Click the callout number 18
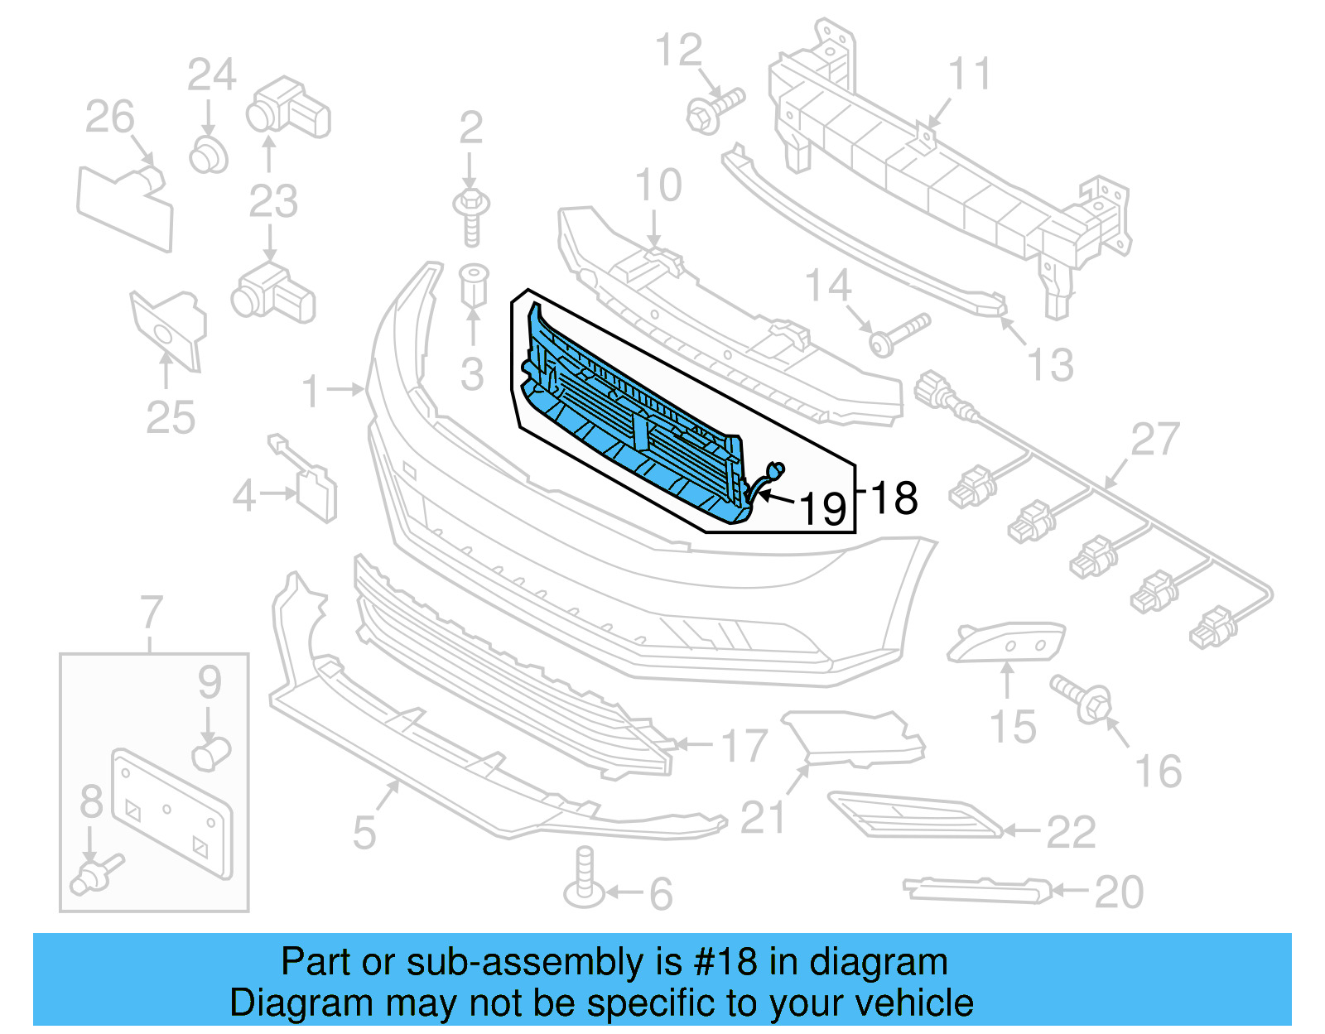click(x=894, y=498)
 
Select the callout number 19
click(x=823, y=508)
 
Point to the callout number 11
click(x=969, y=75)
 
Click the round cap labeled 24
click(x=208, y=155)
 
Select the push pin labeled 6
click(x=584, y=879)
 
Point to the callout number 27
click(x=1155, y=440)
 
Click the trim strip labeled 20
click(x=977, y=890)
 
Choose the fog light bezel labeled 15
click(x=1005, y=642)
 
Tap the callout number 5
click(x=364, y=831)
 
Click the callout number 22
click(x=1071, y=832)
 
